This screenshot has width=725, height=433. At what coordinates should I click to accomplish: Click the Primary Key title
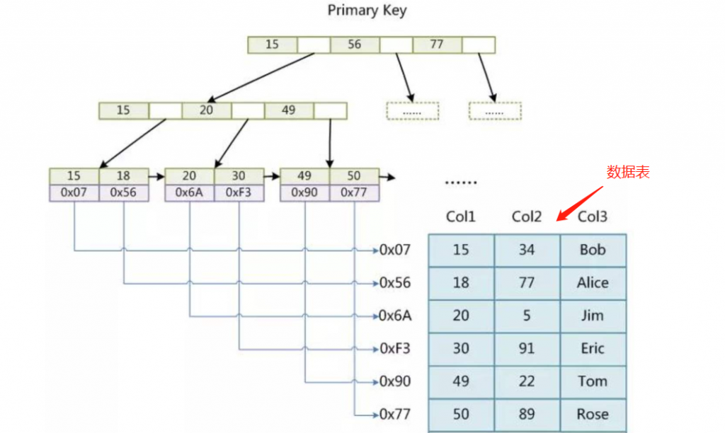point(367,11)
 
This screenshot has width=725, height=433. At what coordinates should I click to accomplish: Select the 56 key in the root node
point(354,45)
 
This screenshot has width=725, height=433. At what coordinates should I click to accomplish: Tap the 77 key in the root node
point(436,45)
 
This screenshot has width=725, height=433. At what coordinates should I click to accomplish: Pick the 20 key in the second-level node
point(206,110)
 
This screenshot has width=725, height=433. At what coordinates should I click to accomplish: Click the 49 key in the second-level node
point(288,110)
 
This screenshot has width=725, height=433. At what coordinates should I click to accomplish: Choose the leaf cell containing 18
point(123,176)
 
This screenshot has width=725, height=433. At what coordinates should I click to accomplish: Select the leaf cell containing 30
point(239,176)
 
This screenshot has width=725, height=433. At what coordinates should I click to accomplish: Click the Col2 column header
point(527,216)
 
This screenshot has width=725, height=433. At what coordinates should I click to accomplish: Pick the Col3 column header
point(593,216)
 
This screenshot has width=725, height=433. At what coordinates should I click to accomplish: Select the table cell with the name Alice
point(593,283)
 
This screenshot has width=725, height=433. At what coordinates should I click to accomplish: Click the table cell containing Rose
point(593,415)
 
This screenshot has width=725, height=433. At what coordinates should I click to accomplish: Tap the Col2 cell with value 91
point(527,349)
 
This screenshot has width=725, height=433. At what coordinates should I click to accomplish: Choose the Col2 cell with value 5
point(527,316)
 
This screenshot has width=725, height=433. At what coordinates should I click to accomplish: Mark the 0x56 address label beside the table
point(395,283)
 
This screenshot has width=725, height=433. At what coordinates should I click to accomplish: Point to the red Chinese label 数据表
point(628,172)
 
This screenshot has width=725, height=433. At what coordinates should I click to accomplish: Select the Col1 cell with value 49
point(461,382)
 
